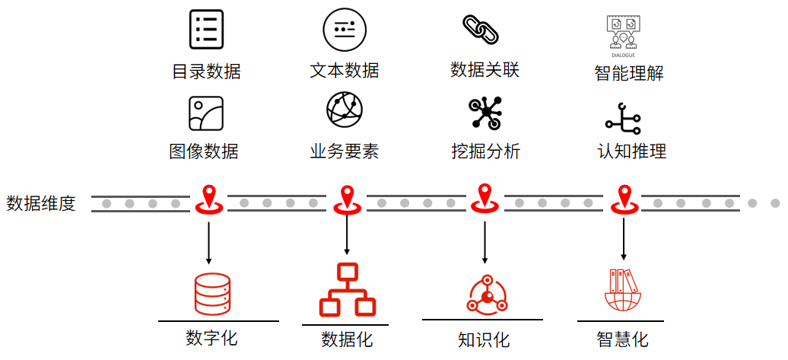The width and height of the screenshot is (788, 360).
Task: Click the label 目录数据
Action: point(206,72)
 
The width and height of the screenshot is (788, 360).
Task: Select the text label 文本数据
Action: point(345,71)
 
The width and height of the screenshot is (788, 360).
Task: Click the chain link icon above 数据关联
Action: point(480,29)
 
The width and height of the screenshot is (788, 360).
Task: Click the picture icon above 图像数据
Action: point(205,113)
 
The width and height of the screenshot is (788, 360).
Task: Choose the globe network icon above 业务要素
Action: point(345,111)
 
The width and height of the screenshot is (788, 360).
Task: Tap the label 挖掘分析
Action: point(485,151)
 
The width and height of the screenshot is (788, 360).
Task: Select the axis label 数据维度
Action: point(41,203)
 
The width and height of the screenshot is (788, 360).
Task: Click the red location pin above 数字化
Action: point(208,200)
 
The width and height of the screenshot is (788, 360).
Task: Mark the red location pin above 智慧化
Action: point(624,200)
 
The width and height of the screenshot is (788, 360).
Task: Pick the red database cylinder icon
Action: point(211,293)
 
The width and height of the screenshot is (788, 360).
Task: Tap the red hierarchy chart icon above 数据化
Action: point(347,290)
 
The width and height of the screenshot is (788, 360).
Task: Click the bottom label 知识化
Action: point(484,339)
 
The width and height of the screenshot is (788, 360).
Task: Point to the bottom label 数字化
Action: point(211,337)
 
